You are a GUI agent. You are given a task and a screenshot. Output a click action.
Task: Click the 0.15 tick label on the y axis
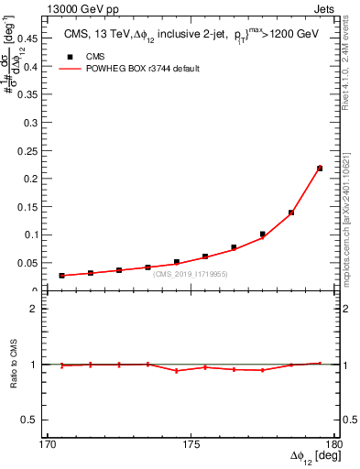[38, 206]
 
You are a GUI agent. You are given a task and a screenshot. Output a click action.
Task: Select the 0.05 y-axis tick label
[38, 263]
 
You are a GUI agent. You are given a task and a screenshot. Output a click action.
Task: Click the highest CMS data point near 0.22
[320, 169]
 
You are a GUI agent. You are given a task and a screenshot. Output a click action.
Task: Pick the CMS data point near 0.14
[291, 213]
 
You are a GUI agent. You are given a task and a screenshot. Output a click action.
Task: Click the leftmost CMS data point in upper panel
[61, 275]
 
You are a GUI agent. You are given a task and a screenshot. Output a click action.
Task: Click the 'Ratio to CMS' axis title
[16, 365]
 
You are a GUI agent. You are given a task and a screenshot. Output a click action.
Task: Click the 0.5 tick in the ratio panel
[38, 420]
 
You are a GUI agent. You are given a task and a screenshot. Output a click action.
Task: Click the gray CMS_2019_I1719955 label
[191, 274]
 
